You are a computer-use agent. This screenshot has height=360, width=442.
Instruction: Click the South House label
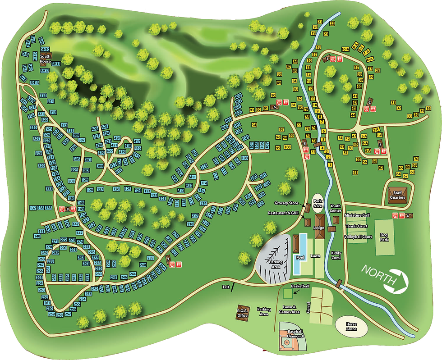[x=46, y=58]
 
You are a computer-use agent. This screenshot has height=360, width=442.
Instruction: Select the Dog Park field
[x=385, y=237]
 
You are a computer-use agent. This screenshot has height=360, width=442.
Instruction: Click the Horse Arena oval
[x=351, y=326]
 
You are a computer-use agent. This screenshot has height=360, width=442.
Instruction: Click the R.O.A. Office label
[x=243, y=313]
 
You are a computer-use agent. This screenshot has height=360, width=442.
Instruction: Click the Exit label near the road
[x=226, y=287]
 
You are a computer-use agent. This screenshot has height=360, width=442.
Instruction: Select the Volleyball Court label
[x=358, y=237]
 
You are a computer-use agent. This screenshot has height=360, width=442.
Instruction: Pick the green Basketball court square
[x=287, y=294]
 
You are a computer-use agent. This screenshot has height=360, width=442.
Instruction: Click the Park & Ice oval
[x=318, y=203]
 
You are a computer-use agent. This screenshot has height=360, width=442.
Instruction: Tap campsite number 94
[x=254, y=125]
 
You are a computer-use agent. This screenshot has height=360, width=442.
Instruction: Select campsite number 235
[x=151, y=258]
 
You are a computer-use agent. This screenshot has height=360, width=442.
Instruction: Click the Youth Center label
[x=335, y=208]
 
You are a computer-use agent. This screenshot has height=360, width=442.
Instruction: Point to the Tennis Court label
[x=357, y=226]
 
